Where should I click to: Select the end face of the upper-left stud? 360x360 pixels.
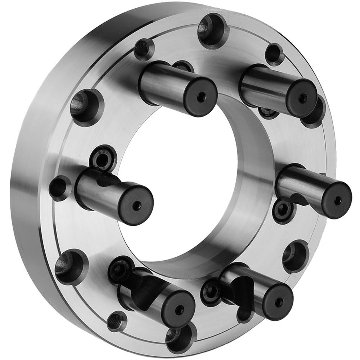200,97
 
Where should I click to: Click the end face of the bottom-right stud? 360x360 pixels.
277,302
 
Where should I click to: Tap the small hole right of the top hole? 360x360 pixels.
275,54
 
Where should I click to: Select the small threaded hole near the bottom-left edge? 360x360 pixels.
117,320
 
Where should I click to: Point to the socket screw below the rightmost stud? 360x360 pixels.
283,212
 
